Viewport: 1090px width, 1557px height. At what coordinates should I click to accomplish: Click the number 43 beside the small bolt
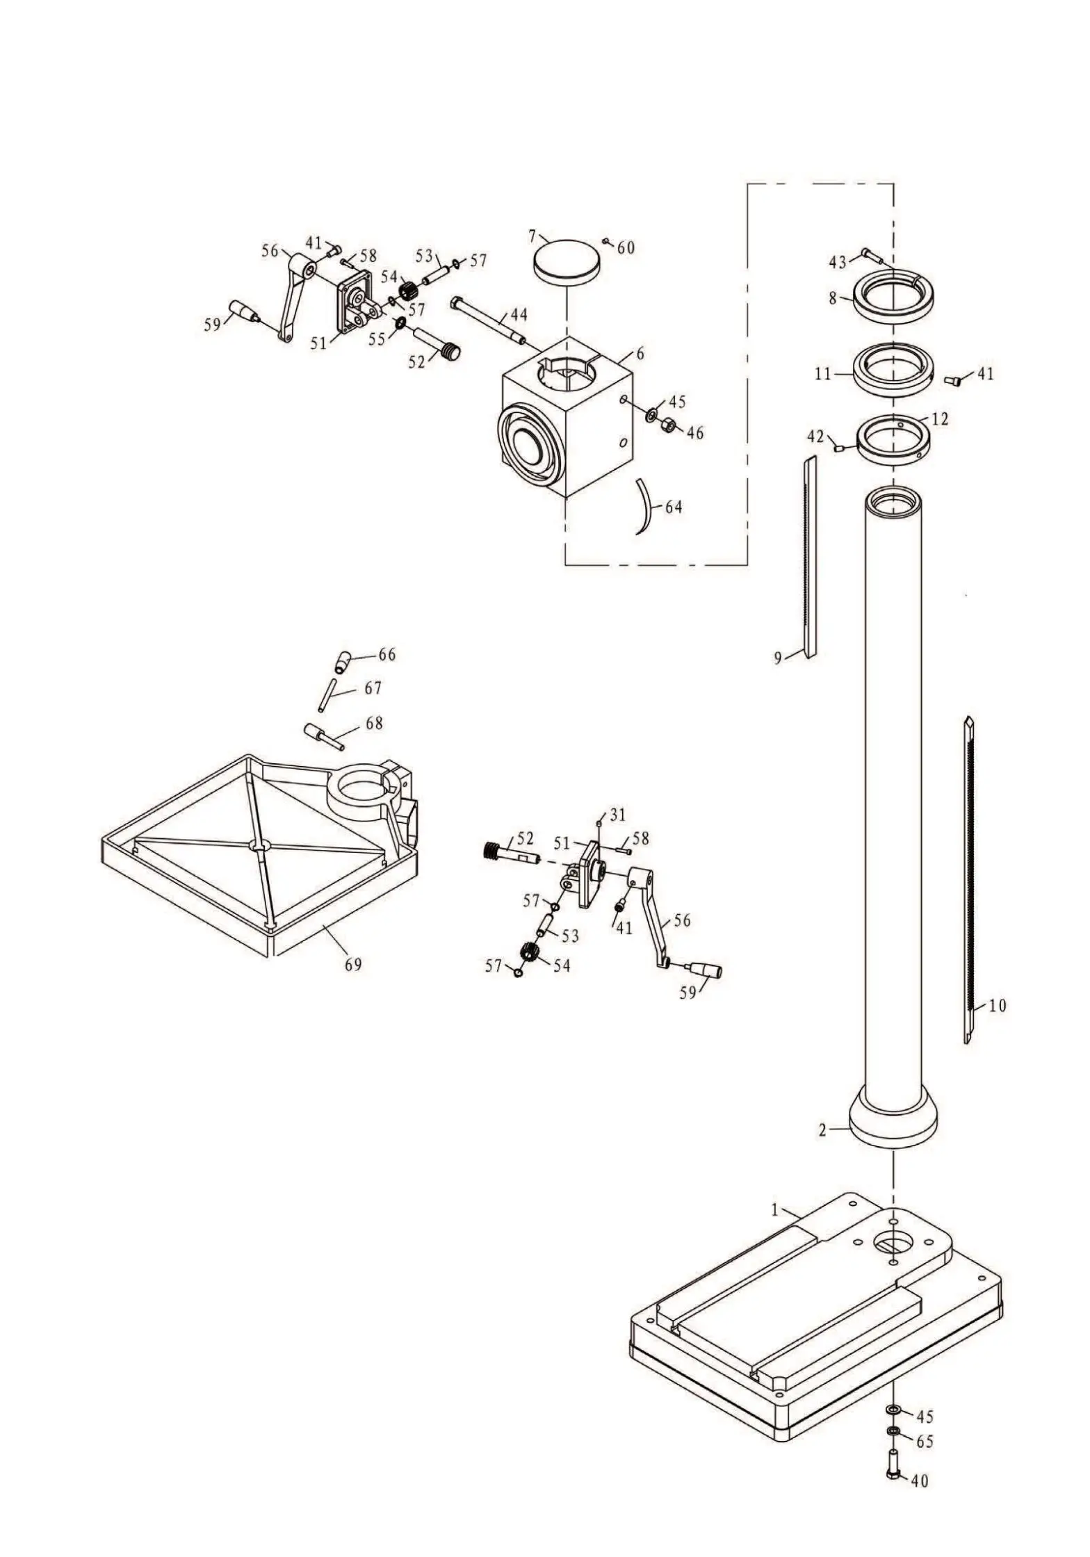[838, 262]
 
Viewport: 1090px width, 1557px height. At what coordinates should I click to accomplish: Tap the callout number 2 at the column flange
[822, 1130]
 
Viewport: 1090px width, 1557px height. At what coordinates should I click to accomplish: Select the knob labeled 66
[343, 661]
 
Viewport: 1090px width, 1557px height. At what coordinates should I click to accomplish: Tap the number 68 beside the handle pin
[374, 723]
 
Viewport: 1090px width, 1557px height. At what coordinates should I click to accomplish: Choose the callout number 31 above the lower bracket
[617, 813]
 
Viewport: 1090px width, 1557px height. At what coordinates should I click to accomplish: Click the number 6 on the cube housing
[640, 353]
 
